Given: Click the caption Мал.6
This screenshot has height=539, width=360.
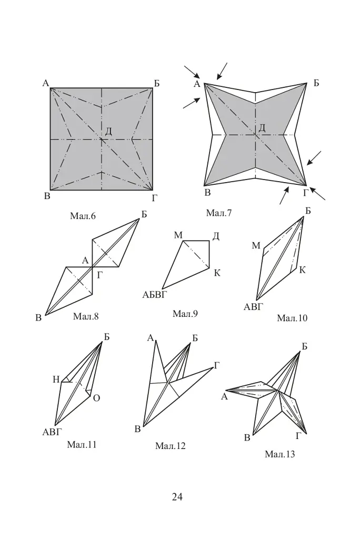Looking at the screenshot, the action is click(x=83, y=216).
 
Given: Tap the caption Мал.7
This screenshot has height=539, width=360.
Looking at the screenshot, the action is click(x=219, y=213).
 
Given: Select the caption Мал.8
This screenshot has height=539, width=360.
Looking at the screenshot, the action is click(x=86, y=316).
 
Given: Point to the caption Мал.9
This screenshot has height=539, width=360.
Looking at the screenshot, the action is click(x=185, y=314).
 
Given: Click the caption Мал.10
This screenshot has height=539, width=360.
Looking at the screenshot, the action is click(x=292, y=318).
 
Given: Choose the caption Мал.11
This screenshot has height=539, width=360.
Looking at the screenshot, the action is click(x=82, y=444).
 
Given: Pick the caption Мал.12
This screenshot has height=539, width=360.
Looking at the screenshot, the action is click(x=170, y=446).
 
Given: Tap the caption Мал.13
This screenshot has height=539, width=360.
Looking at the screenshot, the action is click(x=280, y=454).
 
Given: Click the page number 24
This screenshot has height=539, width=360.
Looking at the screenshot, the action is click(x=177, y=497).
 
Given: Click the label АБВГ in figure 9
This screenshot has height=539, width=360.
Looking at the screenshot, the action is click(x=154, y=295).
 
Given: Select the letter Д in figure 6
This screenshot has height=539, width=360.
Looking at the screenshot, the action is click(x=108, y=131).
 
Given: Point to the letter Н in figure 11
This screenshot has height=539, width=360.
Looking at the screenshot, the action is click(x=56, y=380).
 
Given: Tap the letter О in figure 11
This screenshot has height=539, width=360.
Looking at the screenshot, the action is click(x=97, y=398).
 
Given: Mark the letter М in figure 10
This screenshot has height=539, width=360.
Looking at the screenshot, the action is click(x=256, y=245).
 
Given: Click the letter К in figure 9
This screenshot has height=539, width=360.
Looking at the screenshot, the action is click(x=217, y=273).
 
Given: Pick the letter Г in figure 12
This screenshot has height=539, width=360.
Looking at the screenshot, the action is click(x=217, y=365).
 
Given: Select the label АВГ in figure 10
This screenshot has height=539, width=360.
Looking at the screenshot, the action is click(x=253, y=307).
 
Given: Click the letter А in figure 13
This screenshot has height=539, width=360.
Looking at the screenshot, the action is click(x=225, y=397).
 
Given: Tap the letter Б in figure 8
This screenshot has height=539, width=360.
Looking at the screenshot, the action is click(x=144, y=214).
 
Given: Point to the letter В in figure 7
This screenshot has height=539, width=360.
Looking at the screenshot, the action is click(x=207, y=193).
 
